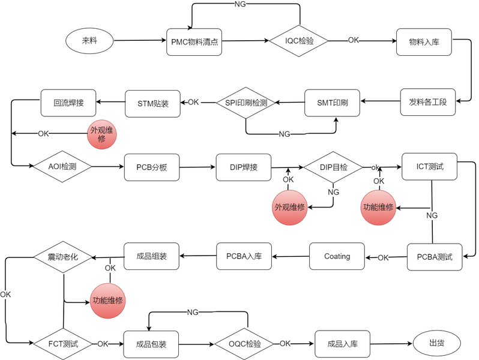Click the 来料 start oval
point(89,41)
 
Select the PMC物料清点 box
point(194,41)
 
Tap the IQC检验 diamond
point(299,41)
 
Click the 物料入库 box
point(424,41)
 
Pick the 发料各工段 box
point(428,102)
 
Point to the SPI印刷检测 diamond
point(246,103)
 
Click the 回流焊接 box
point(68,102)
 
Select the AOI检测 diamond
point(62,165)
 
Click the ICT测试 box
point(430,166)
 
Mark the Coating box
point(337,256)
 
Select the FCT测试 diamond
point(63,344)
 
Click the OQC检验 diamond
point(245,344)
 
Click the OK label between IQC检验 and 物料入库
point(354,40)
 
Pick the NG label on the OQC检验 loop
point(193,312)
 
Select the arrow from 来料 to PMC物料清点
point(139,41)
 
